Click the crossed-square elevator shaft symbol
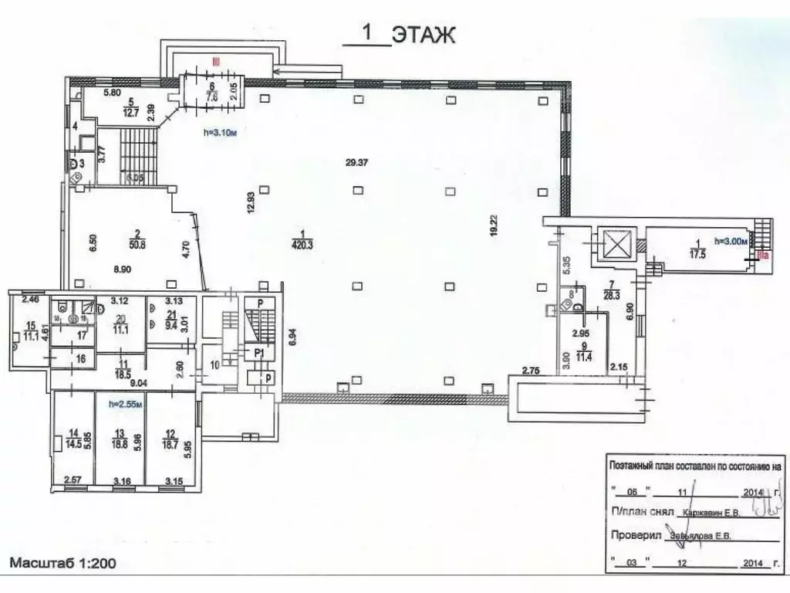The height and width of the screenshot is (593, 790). coord(616,246)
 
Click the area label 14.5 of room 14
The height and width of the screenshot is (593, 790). coord(74,444)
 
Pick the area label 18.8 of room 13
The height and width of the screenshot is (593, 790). coord(120,444)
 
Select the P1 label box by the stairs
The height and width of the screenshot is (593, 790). coord(259,351)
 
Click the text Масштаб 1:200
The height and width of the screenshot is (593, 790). coord(63,563)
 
